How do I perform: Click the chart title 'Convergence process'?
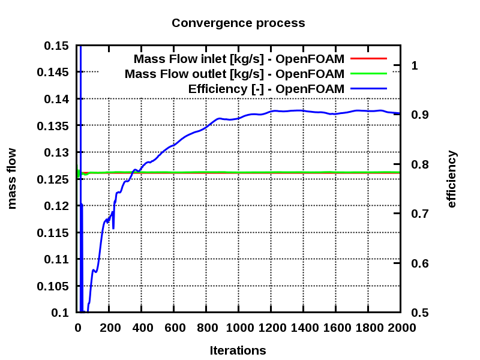pos(238,23)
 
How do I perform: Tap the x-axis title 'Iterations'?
pos(238,350)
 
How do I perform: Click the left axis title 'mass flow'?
pos(12,179)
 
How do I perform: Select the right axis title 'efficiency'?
pos(452,179)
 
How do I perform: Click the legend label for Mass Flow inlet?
pos(239,59)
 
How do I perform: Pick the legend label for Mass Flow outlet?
pos(235,74)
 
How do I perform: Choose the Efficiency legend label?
pos(266,89)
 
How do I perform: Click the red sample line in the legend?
pos(368,59)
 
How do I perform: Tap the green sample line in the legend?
pos(368,74)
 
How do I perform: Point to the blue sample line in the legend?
pos(368,89)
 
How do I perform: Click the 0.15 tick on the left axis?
pos(56,46)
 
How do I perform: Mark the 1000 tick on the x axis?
pos(238,328)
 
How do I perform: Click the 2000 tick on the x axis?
pos(400,328)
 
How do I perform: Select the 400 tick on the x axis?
pos(142,328)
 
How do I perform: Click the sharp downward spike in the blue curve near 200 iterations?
pos(113,227)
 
